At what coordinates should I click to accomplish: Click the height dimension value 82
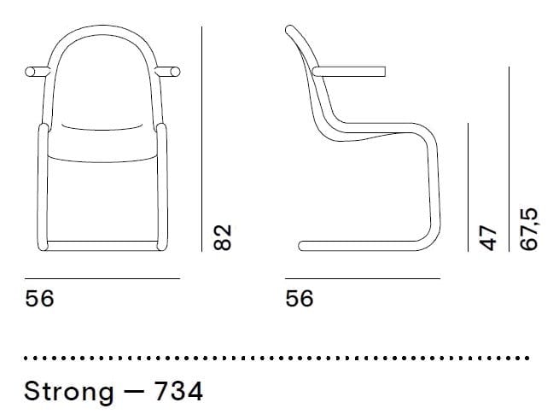click(x=223, y=237)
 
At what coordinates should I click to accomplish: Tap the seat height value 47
click(x=488, y=237)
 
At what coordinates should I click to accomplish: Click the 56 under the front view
click(x=39, y=299)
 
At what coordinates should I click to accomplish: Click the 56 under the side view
click(x=300, y=299)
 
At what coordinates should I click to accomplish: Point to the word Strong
click(x=68, y=392)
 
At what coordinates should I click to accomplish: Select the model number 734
click(x=178, y=392)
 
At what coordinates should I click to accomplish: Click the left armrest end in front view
click(x=33, y=72)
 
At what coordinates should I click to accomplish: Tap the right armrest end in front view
click(x=175, y=72)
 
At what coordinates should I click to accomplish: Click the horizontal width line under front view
click(x=102, y=278)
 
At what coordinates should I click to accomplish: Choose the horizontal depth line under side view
click(x=363, y=278)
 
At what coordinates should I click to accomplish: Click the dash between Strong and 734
click(x=134, y=393)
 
